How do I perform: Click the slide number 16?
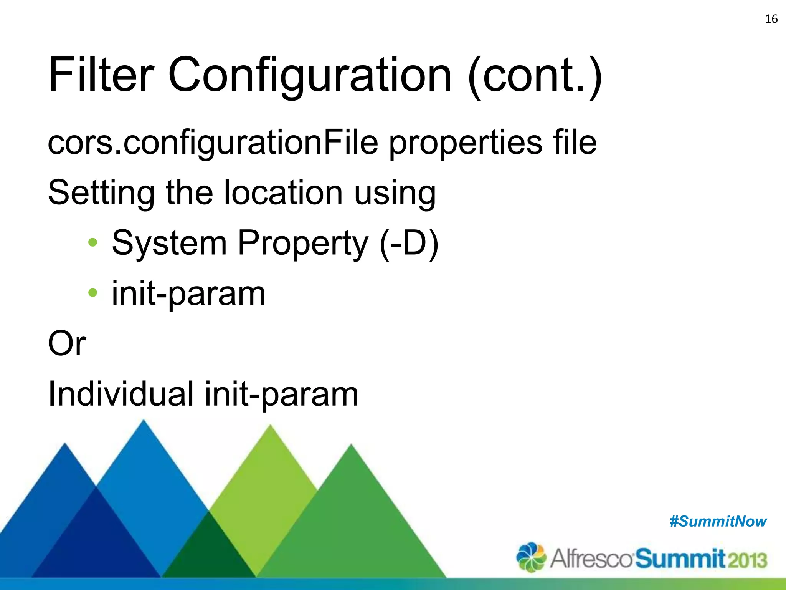(771, 19)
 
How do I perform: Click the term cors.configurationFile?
(213, 143)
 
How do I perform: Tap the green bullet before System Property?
(92, 243)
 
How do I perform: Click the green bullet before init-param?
(92, 293)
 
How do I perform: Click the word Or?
(67, 343)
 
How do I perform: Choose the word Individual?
(121, 393)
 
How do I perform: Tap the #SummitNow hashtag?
(718, 522)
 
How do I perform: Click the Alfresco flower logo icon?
(531, 557)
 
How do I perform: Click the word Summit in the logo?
(680, 559)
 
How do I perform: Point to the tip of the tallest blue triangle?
(144, 421)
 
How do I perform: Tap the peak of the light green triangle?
(271, 426)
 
